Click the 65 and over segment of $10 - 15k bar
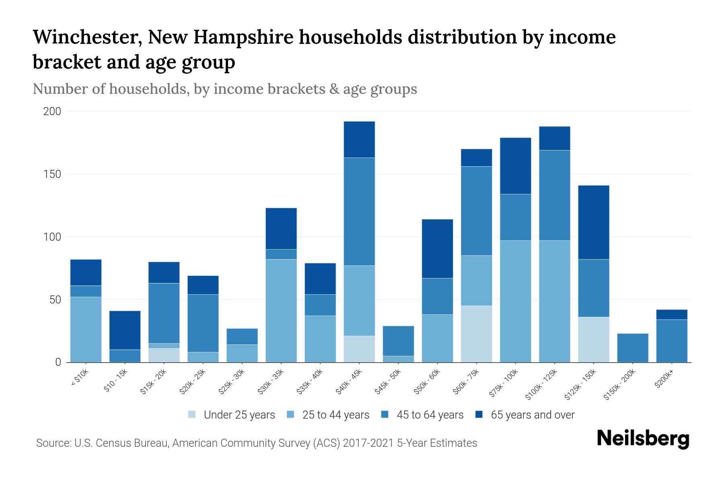(125, 330)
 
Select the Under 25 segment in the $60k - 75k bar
(476, 334)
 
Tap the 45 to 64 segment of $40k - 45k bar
(359, 211)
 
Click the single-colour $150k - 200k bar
(633, 348)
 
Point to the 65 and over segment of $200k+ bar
(672, 314)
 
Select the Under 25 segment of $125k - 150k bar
(594, 340)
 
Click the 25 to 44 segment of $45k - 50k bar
(398, 359)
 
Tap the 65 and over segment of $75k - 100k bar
(515, 166)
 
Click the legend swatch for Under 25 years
(192, 415)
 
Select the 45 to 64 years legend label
(430, 415)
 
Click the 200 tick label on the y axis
(52, 111)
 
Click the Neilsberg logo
(643, 439)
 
